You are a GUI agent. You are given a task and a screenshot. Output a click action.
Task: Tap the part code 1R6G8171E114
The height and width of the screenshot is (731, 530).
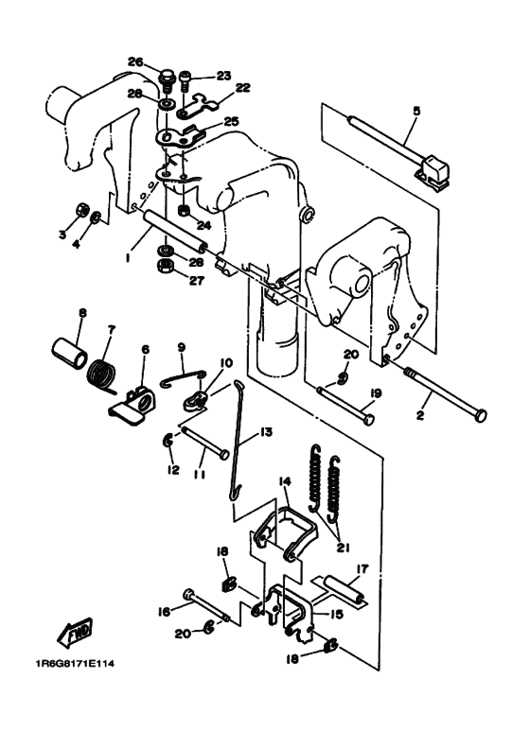click(75, 664)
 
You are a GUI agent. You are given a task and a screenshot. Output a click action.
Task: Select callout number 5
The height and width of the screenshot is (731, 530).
click(416, 111)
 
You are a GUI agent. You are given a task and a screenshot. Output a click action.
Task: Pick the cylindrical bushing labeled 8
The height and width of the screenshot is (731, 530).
click(69, 353)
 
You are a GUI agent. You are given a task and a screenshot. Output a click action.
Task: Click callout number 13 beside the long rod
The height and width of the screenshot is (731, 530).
click(266, 432)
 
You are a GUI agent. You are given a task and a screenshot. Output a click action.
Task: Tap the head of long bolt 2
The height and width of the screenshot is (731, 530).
click(480, 416)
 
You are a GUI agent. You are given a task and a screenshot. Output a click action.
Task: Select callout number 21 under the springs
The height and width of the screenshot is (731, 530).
click(344, 547)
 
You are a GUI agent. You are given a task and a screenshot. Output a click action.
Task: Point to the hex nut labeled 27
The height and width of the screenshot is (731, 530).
click(165, 267)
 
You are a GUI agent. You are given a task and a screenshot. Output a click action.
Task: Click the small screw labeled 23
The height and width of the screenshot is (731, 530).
click(185, 81)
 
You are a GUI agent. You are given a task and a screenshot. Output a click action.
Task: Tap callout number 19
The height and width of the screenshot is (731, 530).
click(376, 394)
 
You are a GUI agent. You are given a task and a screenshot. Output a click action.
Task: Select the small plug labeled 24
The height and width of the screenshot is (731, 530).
click(185, 210)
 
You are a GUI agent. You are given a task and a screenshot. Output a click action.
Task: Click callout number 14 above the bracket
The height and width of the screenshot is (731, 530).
click(285, 481)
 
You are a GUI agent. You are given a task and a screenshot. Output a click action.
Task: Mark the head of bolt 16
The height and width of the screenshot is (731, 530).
click(189, 594)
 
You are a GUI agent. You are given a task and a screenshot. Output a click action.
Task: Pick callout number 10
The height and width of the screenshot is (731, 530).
click(226, 362)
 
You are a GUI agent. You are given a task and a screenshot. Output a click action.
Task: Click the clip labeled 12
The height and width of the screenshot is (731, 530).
click(168, 439)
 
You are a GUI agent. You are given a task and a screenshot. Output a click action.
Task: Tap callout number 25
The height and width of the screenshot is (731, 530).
click(231, 122)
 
